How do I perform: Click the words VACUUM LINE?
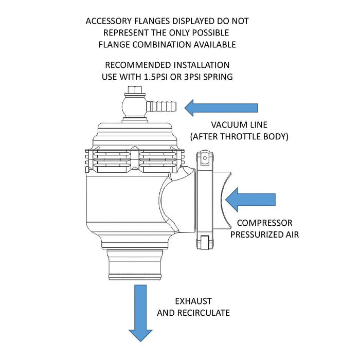pyautogui.click(x=240, y=125)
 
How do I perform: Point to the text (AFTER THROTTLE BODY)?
pyautogui.click(x=240, y=137)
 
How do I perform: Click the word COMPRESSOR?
pyautogui.click(x=264, y=223)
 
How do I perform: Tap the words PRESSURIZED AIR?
pyautogui.click(x=264, y=235)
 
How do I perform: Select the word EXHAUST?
pyautogui.click(x=193, y=301)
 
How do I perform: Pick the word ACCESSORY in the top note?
pyautogui.click(x=107, y=21)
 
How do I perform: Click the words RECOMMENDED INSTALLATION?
pyautogui.click(x=167, y=65)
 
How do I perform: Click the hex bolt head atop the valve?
pyautogui.click(x=133, y=92)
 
